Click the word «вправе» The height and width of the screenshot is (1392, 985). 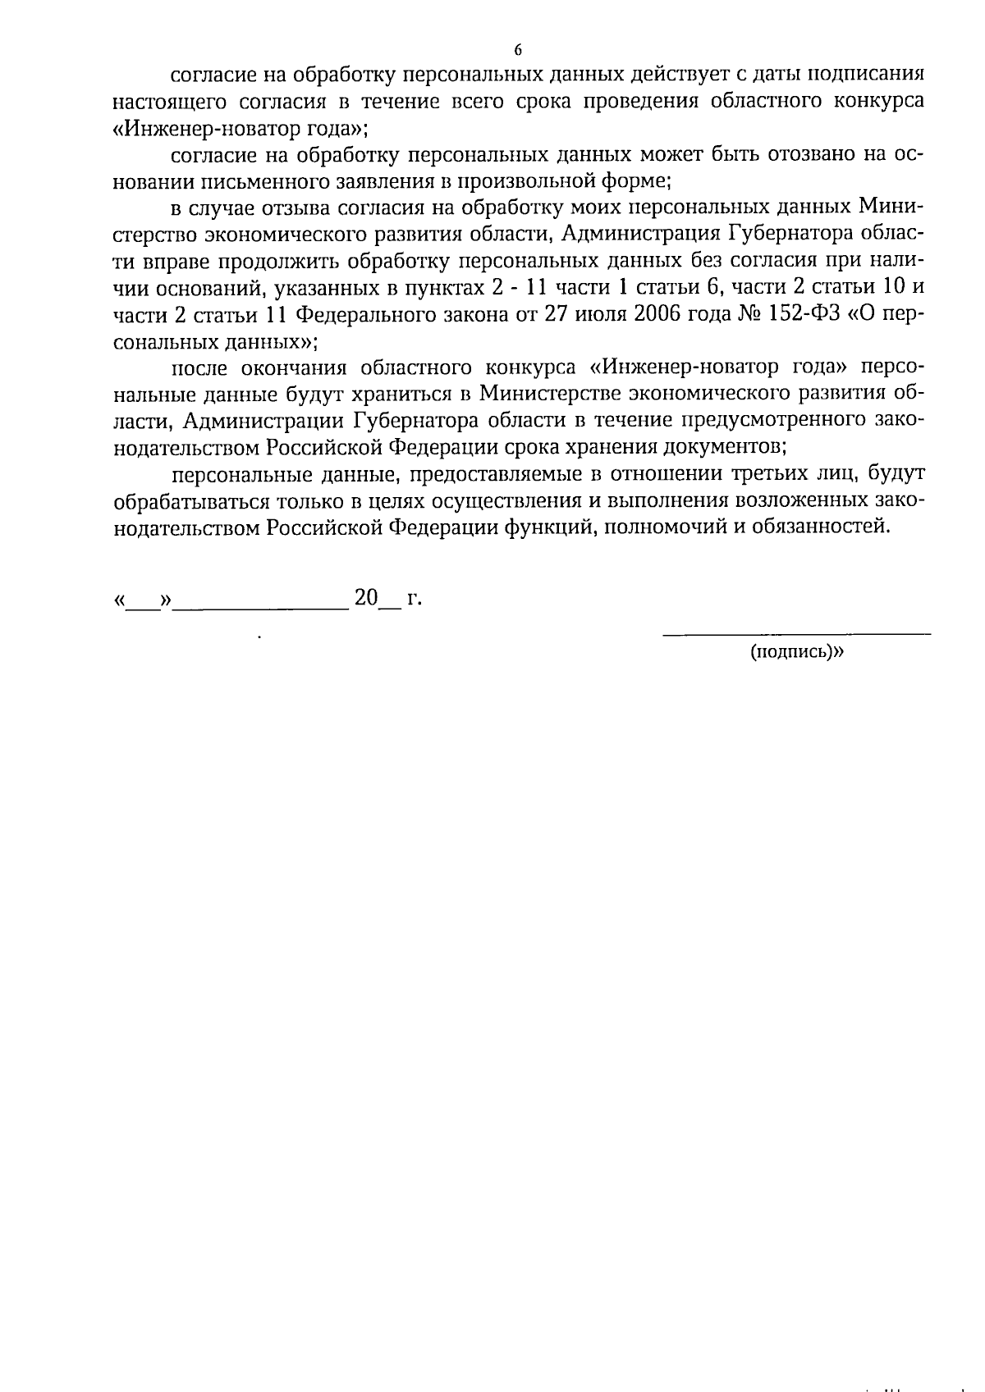click(173, 261)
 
